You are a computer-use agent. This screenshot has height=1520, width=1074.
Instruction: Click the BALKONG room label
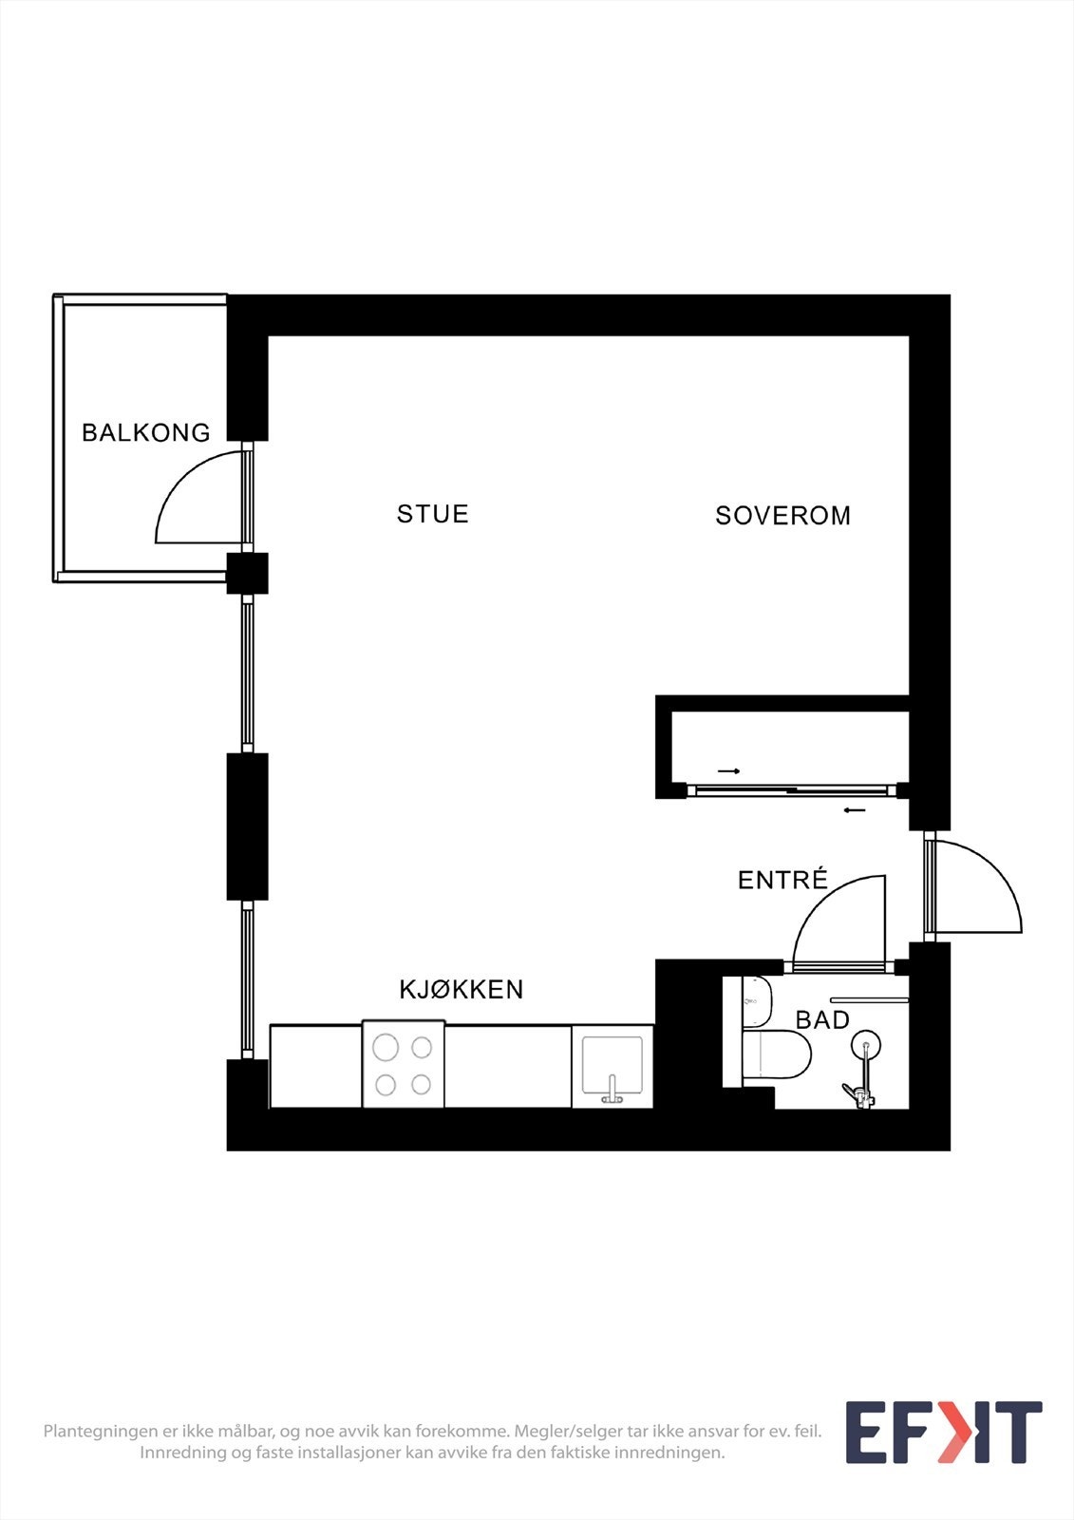pyautogui.click(x=145, y=432)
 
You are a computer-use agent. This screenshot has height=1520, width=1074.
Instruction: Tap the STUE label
pyautogui.click(x=433, y=514)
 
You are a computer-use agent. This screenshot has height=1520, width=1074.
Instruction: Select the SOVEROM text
pyautogui.click(x=782, y=516)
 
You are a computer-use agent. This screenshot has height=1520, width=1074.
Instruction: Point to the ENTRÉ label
pyautogui.click(x=782, y=880)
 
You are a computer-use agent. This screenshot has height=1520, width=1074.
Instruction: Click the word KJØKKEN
pyautogui.click(x=462, y=989)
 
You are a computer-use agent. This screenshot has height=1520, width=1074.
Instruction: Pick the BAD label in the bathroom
pyautogui.click(x=822, y=1020)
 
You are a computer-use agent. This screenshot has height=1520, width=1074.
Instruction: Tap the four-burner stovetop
pyautogui.click(x=404, y=1065)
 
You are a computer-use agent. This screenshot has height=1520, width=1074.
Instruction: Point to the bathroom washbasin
pyautogui.click(x=757, y=1000)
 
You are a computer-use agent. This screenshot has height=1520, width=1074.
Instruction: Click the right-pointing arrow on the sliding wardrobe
pyautogui.click(x=728, y=770)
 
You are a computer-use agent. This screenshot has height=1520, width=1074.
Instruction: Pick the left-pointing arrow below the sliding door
pyautogui.click(x=855, y=810)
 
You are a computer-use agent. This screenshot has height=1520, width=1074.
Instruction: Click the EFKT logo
pyautogui.click(x=943, y=1433)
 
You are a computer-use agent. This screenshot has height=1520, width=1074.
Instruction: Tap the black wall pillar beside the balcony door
pyautogui.click(x=247, y=573)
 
